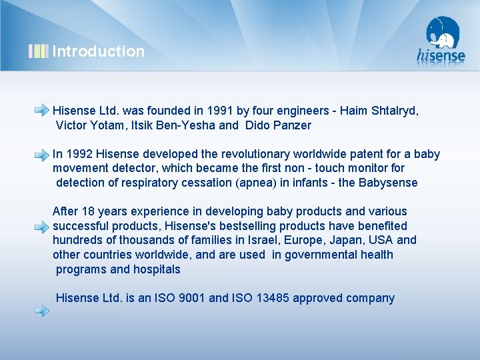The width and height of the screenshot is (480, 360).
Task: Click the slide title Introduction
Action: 98,51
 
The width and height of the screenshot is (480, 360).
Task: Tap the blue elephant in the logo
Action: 443,33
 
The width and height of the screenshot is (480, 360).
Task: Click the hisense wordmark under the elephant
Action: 441,56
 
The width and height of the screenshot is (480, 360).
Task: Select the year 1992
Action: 81,154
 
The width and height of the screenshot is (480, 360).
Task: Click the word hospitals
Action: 157,269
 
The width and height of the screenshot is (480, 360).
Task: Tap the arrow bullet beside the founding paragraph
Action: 41,109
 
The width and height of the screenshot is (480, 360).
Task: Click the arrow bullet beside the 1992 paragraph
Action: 41,154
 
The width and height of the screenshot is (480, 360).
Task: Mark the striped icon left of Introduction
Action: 38,51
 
